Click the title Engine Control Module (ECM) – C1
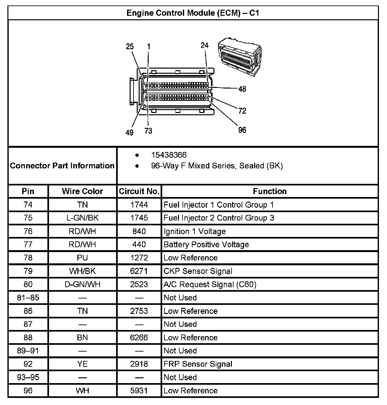(193, 13)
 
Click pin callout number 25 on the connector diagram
(130, 47)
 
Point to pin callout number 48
(242, 89)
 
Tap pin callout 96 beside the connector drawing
(242, 130)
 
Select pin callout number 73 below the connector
(148, 131)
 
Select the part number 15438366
(169, 155)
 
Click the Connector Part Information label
(62, 166)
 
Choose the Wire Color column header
(82, 191)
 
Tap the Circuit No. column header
(139, 191)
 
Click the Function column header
(270, 191)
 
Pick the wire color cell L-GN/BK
(82, 218)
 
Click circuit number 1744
(139, 205)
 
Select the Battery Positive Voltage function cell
(206, 245)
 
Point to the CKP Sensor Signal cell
(198, 271)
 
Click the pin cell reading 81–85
(28, 298)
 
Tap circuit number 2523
(139, 285)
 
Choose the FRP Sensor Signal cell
(198, 364)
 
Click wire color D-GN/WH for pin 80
(82, 285)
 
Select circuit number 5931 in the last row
(139, 391)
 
